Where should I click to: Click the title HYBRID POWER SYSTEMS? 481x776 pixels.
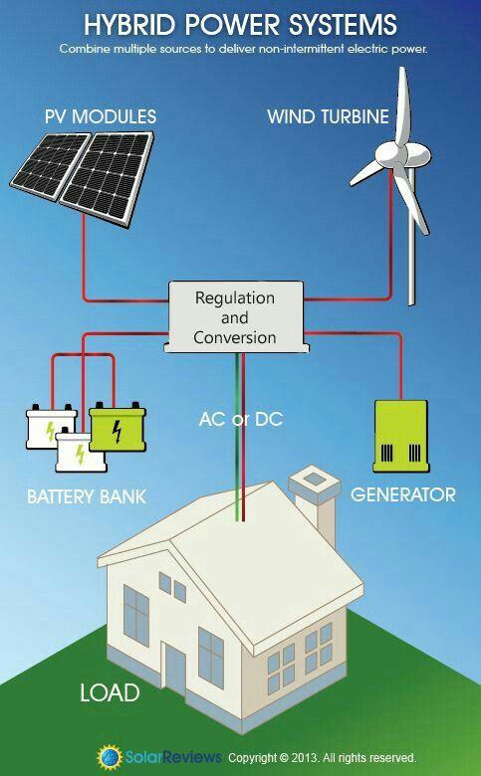pos(240,24)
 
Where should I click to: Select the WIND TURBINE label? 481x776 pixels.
pos(328,116)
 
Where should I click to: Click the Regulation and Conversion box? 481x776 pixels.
pos(234,317)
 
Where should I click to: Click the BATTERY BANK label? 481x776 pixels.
pos(86,495)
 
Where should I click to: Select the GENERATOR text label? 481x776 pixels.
pos(403,494)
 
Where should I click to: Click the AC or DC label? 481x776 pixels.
pos(240,419)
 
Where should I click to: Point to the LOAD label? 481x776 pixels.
pos(110,692)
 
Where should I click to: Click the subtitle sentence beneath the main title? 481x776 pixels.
pos(242,48)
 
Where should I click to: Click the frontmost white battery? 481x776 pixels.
pos(77,453)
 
